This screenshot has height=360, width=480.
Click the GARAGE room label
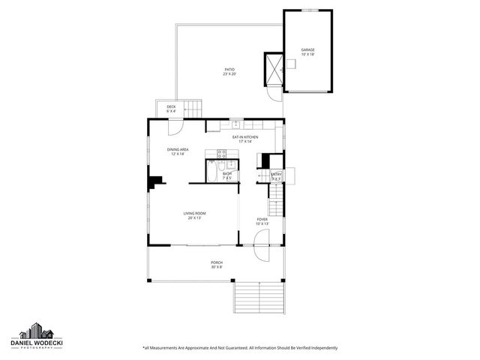click(x=307, y=52)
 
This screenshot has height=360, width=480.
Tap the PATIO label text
click(x=229, y=71)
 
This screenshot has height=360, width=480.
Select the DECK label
click(x=171, y=109)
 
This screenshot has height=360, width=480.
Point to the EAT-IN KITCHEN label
click(x=244, y=139)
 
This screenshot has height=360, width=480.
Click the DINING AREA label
click(x=178, y=151)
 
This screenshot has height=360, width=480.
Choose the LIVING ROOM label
click(x=194, y=215)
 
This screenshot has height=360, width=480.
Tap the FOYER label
click(x=262, y=221)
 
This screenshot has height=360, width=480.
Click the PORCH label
click(x=216, y=264)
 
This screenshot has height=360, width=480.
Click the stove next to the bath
click(x=222, y=155)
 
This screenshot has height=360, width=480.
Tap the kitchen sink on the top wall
click(x=235, y=124)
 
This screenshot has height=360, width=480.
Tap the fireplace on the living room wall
click(x=155, y=181)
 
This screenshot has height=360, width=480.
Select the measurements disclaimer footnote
click(x=240, y=348)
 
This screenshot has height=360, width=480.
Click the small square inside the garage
click(x=292, y=64)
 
